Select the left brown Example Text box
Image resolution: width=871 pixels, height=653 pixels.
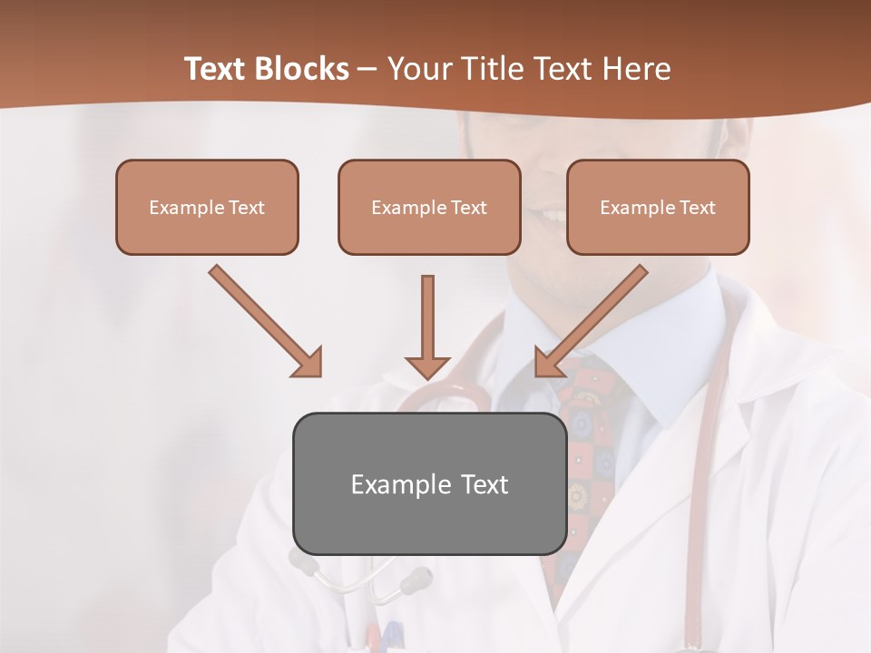(207, 207)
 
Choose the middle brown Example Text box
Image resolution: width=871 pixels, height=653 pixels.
(429, 207)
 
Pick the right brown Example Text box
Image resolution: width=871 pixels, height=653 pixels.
(658, 207)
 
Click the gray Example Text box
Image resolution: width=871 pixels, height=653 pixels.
(429, 483)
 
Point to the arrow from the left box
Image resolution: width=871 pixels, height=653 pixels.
(263, 319)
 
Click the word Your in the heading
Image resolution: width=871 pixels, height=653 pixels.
(418, 69)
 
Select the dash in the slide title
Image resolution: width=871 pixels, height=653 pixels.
(367, 69)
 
